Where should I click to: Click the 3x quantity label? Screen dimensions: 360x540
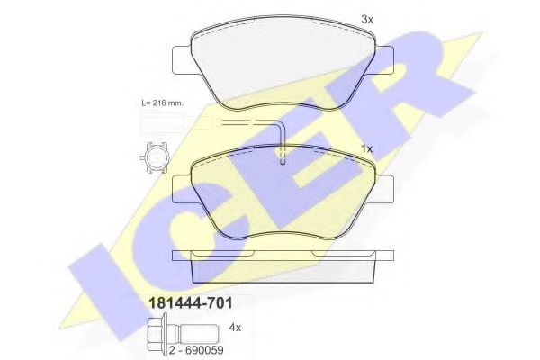(x=366, y=17)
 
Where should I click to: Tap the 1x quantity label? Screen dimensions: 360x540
(x=366, y=148)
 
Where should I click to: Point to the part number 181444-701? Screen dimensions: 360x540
(x=184, y=302)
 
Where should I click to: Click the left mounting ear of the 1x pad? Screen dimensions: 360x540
(x=180, y=187)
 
